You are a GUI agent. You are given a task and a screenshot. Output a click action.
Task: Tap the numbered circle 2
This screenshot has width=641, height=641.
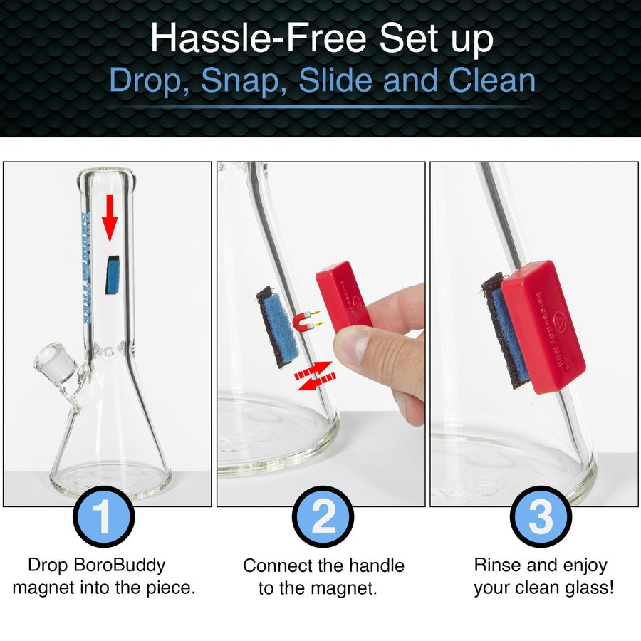click(x=323, y=516)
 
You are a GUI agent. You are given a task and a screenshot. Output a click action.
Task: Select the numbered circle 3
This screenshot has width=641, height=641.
click(x=541, y=516)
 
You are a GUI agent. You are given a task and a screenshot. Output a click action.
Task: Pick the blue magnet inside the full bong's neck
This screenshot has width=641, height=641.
click(x=111, y=276)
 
